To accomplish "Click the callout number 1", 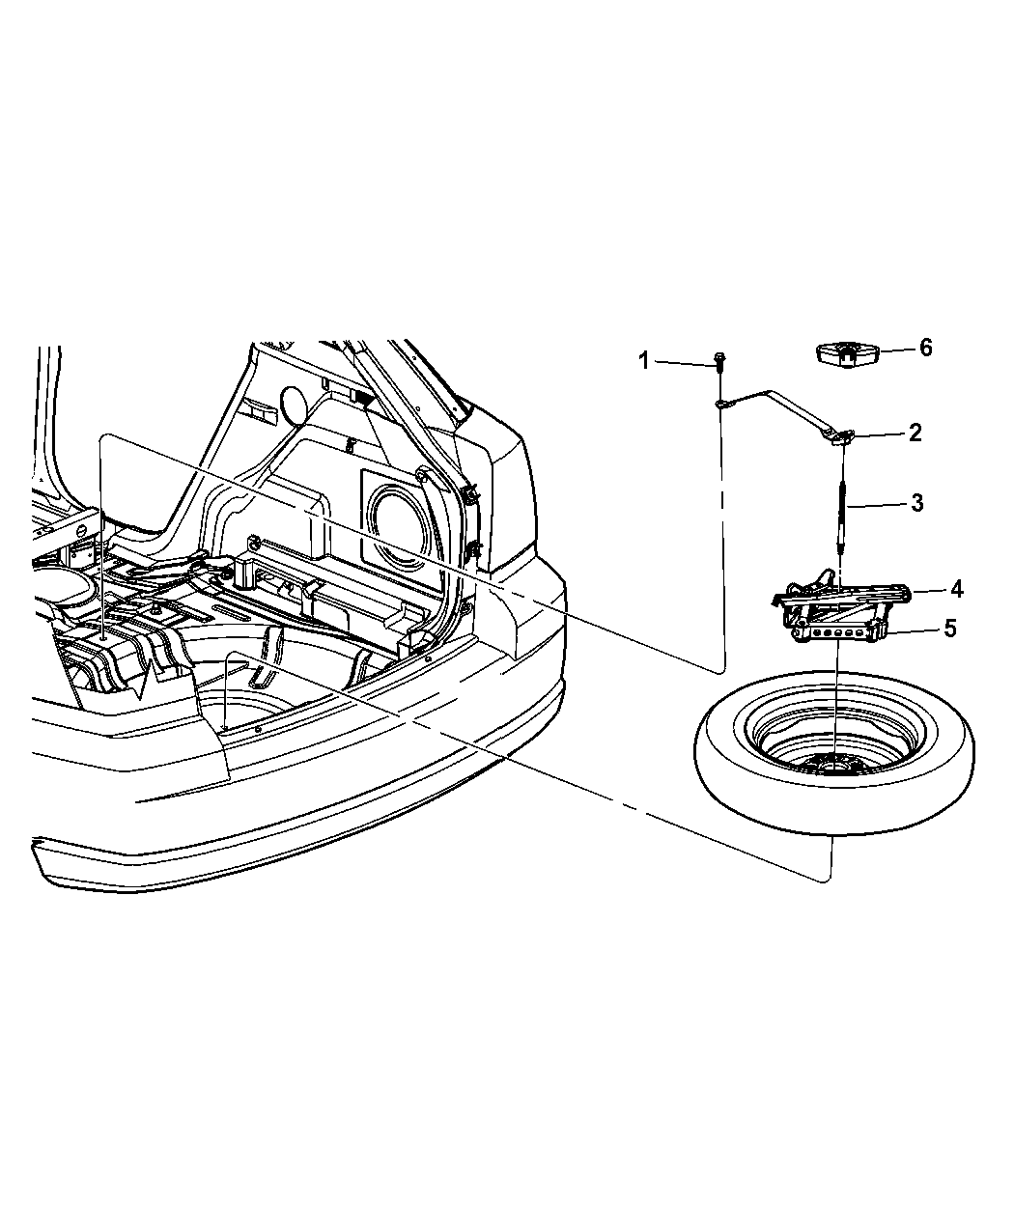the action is pyautogui.click(x=644, y=361).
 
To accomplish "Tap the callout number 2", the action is pyautogui.click(x=915, y=434).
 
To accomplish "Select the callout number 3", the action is pyautogui.click(x=916, y=503).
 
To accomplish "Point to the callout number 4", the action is pyautogui.click(x=957, y=589).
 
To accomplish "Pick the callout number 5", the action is pyautogui.click(x=949, y=629).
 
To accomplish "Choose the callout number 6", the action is pyautogui.click(x=926, y=348).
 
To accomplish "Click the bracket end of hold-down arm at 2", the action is pyautogui.click(x=839, y=437).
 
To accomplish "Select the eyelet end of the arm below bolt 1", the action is pyautogui.click(x=720, y=404).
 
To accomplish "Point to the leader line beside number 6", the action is pyautogui.click(x=897, y=350).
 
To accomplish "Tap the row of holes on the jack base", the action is pyautogui.click(x=838, y=632).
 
